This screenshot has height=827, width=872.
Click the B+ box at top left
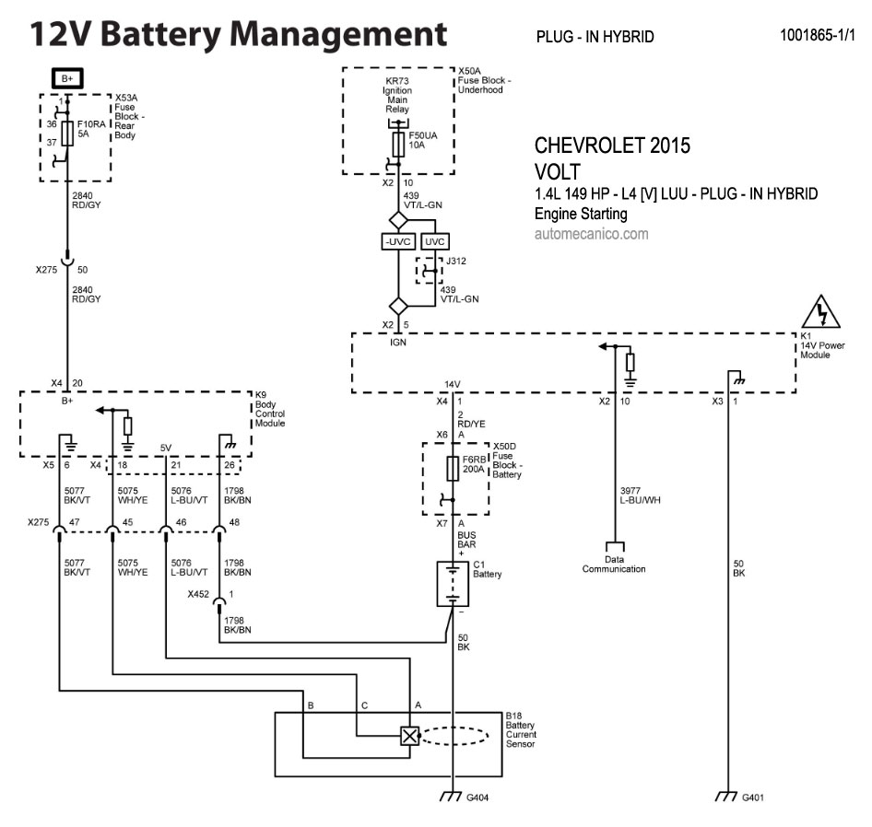(67, 79)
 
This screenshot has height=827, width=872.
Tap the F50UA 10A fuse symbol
(397, 144)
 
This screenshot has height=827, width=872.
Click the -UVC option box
(398, 241)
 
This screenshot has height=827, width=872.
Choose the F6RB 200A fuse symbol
(453, 468)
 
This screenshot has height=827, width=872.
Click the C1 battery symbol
(453, 584)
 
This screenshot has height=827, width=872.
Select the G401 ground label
(753, 797)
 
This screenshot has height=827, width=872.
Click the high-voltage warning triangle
(822, 313)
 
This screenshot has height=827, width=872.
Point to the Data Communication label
(614, 564)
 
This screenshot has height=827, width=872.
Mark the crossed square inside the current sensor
(409, 735)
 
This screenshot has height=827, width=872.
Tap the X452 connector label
(198, 594)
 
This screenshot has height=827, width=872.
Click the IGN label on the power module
(398, 342)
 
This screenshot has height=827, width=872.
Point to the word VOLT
(558, 172)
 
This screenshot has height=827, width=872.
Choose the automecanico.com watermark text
(591, 234)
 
